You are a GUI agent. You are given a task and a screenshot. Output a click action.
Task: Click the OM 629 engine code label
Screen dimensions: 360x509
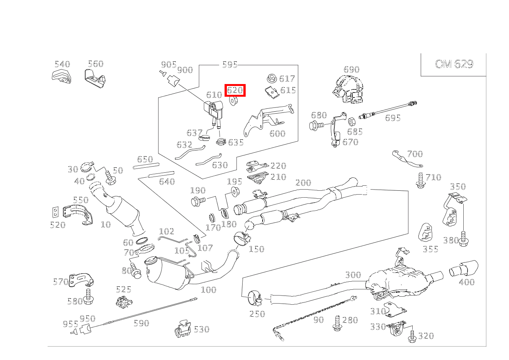pyautogui.click(x=454, y=64)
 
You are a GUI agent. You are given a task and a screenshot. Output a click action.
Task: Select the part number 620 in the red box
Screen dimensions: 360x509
pyautogui.click(x=235, y=91)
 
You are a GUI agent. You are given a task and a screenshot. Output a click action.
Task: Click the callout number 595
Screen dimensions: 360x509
pyautogui.click(x=230, y=64)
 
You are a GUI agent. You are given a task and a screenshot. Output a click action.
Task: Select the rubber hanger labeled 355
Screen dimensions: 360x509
pyautogui.click(x=425, y=233)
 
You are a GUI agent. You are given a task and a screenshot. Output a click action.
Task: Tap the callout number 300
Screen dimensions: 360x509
pyautogui.click(x=353, y=275)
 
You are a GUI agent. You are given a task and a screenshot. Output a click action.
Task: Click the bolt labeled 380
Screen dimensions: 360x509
pyautogui.click(x=463, y=238)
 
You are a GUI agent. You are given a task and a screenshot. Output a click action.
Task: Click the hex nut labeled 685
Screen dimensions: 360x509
pyautogui.click(x=351, y=122)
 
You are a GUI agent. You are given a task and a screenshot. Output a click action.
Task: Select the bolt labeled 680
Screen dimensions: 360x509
pyautogui.click(x=315, y=125)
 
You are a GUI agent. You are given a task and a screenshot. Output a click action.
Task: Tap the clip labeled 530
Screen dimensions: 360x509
pyautogui.click(x=183, y=330)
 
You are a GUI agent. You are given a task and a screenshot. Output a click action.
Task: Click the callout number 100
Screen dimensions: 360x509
pyautogui.click(x=208, y=290)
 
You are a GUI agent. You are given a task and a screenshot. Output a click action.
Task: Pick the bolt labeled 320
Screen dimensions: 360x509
pyautogui.click(x=412, y=336)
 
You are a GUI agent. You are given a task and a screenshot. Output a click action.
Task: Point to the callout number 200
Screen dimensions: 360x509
pyautogui.click(x=303, y=183)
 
